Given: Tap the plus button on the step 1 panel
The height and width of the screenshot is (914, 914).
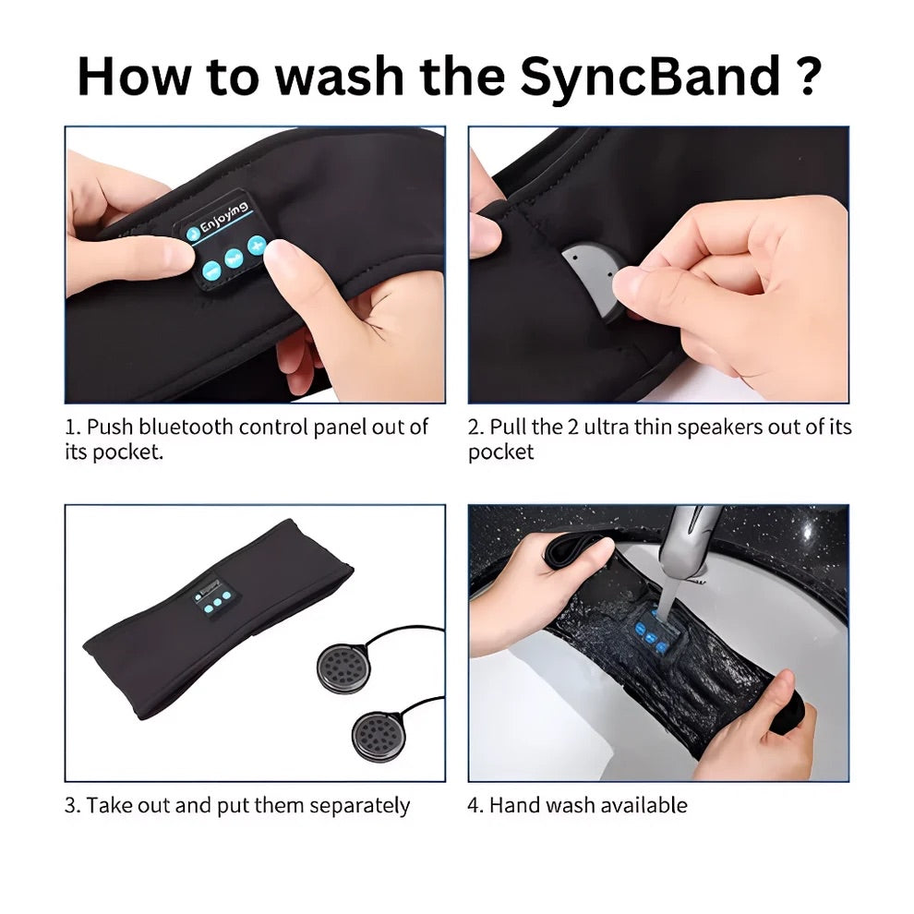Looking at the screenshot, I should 256,246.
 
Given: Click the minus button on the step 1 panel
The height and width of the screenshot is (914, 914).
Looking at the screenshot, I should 210,271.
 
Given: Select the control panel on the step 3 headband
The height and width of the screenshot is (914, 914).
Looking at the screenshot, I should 213,600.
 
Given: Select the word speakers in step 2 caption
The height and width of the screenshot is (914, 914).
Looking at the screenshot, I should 681,427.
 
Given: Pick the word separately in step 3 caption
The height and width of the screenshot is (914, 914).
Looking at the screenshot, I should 359,805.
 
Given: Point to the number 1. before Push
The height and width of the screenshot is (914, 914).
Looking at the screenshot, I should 73,427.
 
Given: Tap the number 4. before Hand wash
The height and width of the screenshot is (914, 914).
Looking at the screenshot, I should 475,805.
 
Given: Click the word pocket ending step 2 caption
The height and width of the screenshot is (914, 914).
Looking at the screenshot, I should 500,453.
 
